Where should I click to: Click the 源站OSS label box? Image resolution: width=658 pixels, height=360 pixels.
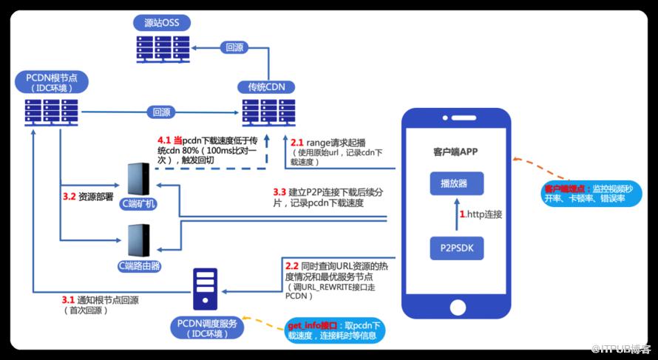[x=161, y=22]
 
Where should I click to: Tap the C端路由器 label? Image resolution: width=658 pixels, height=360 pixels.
[x=139, y=264]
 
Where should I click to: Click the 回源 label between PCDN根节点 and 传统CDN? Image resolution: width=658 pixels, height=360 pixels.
[x=161, y=113]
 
